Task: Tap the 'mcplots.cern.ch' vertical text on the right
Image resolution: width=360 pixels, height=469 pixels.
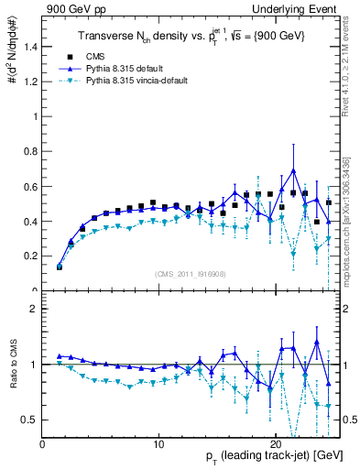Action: [x=350, y=247]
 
